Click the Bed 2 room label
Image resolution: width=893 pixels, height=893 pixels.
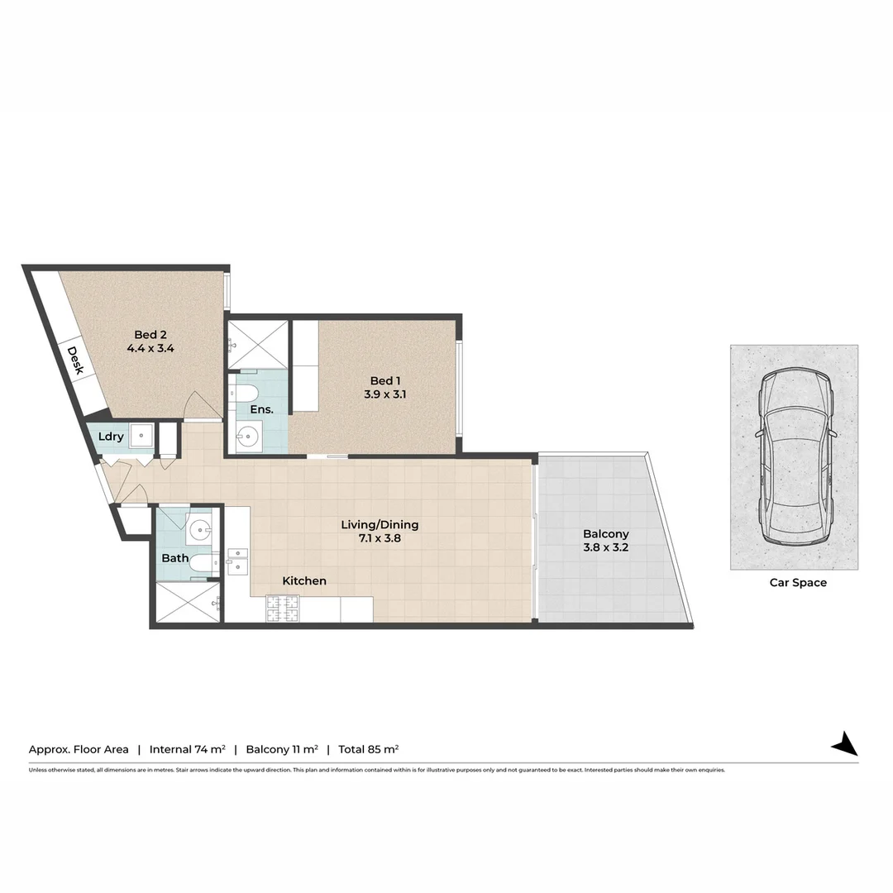pos(150,335)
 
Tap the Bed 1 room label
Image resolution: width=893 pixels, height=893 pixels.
pos(384,380)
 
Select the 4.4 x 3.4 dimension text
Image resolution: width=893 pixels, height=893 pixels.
pos(150,349)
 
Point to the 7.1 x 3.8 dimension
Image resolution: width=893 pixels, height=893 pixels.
pos(380,538)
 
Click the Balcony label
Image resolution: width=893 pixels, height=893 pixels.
pos(605,534)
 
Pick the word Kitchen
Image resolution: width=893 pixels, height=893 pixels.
pos(304,581)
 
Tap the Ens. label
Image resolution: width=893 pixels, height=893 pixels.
pos(261,409)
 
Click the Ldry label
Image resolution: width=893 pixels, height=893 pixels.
pos(111,437)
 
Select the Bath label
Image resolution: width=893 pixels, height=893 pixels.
pos(174,558)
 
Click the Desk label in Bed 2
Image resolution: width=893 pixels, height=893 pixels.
pos(75,361)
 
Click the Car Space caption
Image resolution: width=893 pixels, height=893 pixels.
pos(798,582)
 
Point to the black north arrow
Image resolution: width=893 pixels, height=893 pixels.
pos(845,744)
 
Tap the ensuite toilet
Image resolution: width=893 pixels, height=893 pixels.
pos(246,392)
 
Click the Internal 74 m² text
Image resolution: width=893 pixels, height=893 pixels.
pos(187,749)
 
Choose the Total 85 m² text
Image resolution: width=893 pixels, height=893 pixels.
pos(369,749)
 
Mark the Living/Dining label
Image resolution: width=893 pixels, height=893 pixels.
pos(380,524)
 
